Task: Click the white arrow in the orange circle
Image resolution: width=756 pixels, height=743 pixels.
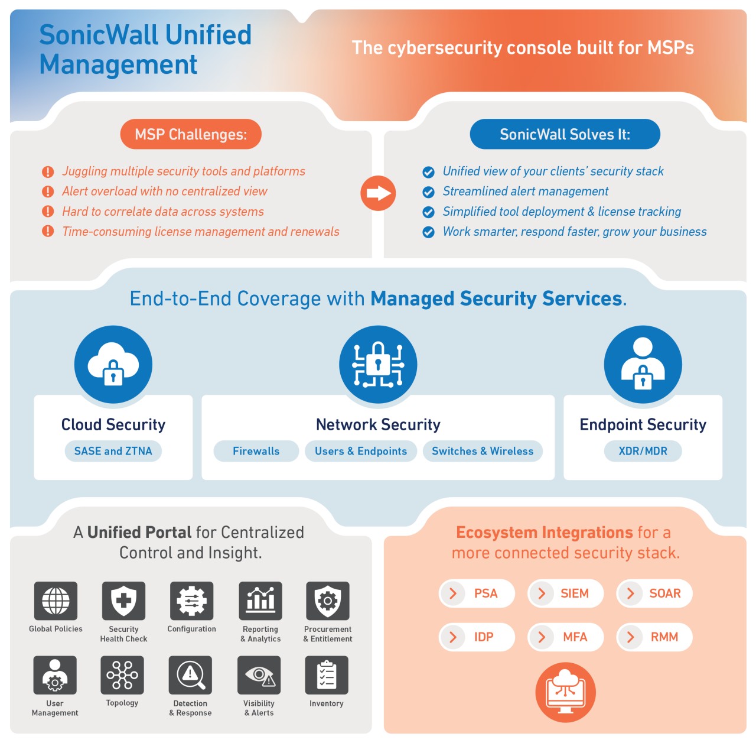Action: (x=378, y=193)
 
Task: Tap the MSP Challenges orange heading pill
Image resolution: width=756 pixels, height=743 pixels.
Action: (x=191, y=135)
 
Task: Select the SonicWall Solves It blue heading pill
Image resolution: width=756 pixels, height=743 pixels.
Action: (x=565, y=135)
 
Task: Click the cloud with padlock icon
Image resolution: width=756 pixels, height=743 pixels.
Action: (x=113, y=365)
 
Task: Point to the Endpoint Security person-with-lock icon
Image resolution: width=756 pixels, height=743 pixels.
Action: (x=643, y=365)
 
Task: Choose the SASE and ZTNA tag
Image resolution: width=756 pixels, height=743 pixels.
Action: (x=113, y=451)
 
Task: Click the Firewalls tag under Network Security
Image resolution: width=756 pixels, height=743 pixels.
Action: (x=256, y=451)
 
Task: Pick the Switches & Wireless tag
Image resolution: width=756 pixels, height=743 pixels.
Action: (x=483, y=451)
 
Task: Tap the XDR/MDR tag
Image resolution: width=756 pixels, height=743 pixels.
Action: (x=643, y=451)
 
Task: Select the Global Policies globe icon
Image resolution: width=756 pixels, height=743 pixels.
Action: (x=56, y=601)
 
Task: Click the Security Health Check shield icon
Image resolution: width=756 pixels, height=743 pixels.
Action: (x=123, y=601)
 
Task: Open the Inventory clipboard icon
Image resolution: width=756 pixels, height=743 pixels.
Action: (x=327, y=675)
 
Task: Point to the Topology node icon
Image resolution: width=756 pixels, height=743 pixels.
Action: (x=122, y=675)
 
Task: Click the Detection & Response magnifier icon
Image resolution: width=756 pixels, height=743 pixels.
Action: (x=190, y=675)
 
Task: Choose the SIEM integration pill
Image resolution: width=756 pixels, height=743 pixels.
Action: (x=566, y=593)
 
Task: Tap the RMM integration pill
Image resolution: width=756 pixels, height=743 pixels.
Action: (x=654, y=637)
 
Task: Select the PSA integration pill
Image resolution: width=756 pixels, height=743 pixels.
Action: (x=477, y=593)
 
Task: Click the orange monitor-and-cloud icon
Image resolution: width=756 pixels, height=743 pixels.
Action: (x=565, y=692)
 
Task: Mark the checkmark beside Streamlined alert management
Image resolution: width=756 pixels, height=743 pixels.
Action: (x=428, y=192)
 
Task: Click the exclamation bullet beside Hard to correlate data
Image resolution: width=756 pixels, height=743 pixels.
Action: (x=48, y=212)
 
